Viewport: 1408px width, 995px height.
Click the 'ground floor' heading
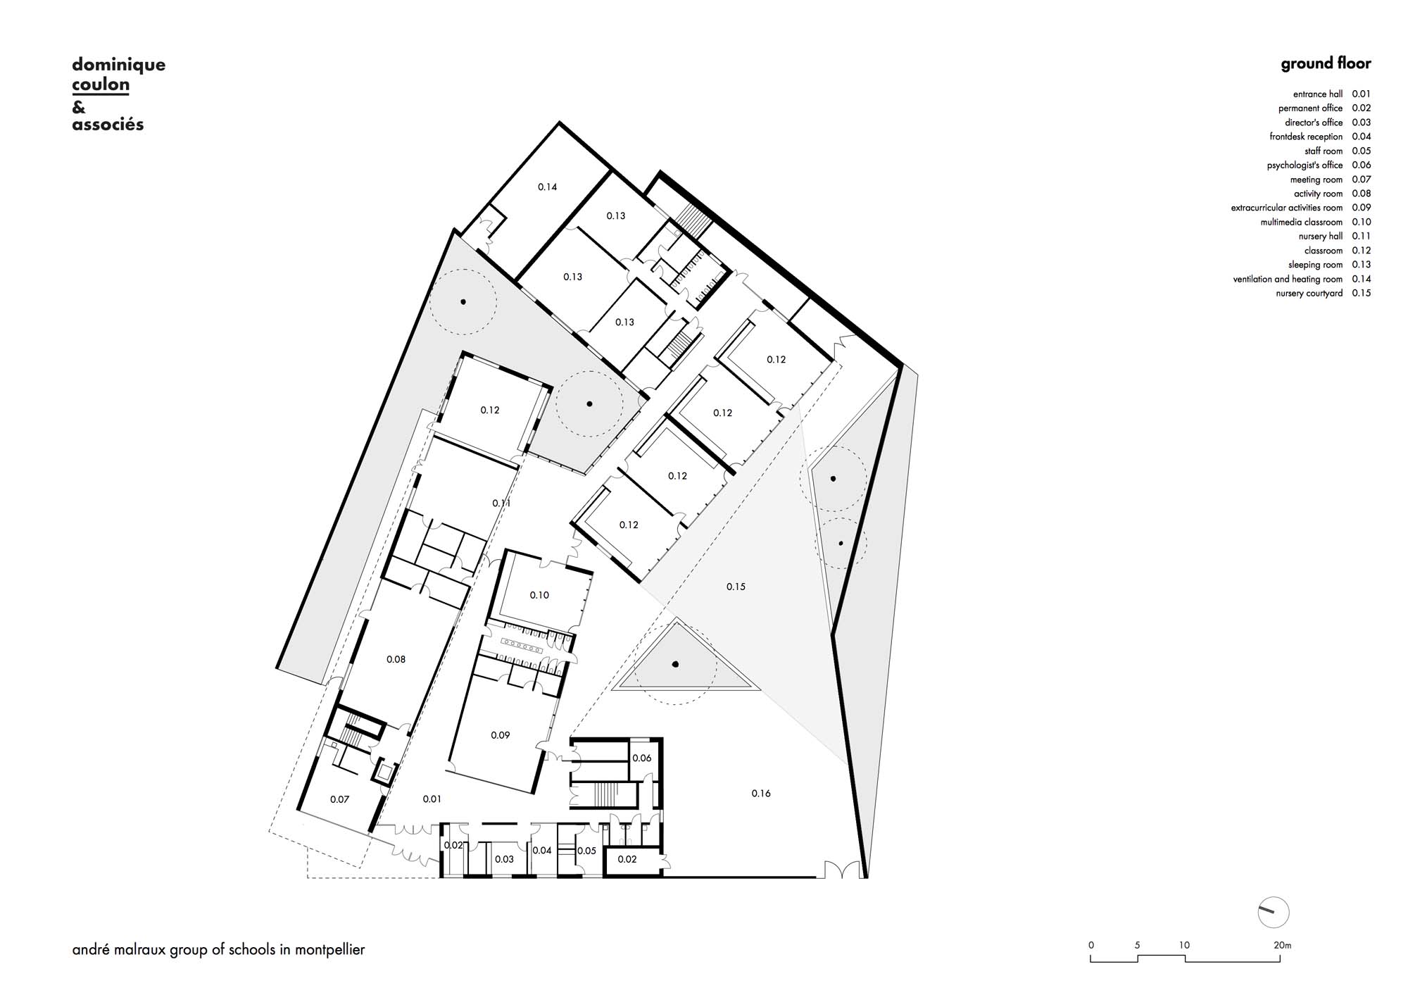click(x=1326, y=64)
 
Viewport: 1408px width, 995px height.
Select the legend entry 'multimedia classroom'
click(x=1301, y=222)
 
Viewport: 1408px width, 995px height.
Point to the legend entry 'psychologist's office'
click(x=1305, y=165)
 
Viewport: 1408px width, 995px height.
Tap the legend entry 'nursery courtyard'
click(x=1309, y=293)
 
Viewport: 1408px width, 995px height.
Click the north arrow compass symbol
click(x=1273, y=913)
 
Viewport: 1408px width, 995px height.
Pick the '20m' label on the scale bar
click(x=1282, y=945)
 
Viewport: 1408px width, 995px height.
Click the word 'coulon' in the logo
click(x=101, y=85)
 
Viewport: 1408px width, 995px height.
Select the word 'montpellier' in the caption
click(x=330, y=950)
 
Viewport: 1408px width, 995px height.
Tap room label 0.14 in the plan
click(x=547, y=187)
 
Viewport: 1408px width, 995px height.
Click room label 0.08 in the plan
click(x=396, y=659)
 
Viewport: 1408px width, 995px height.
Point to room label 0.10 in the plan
click(x=539, y=595)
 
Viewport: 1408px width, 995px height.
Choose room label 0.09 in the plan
click(x=500, y=735)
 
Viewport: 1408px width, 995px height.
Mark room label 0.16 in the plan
click(x=761, y=794)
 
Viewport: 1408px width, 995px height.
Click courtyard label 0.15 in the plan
click(x=736, y=587)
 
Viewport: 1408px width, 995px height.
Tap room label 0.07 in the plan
click(x=339, y=799)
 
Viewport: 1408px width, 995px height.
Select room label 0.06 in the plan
click(x=641, y=758)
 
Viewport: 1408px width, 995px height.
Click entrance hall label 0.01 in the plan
click(x=432, y=799)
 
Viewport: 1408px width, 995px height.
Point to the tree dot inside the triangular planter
click(x=675, y=663)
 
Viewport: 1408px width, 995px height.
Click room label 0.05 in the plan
click(x=586, y=851)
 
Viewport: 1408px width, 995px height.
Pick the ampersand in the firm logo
click(x=78, y=108)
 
